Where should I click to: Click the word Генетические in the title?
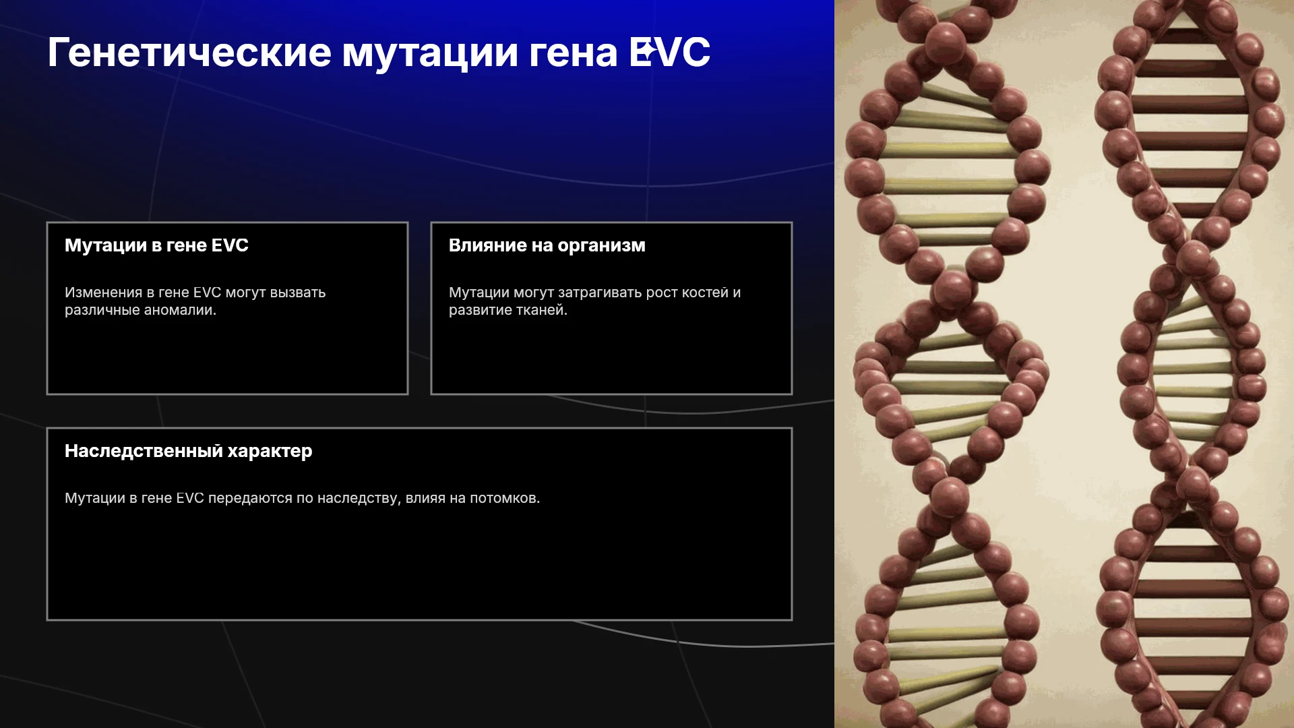point(189,53)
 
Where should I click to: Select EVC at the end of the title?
point(669,52)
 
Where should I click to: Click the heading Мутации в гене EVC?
point(156,245)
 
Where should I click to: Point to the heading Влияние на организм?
point(547,246)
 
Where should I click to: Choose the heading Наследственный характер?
point(188,451)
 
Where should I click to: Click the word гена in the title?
point(573,54)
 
